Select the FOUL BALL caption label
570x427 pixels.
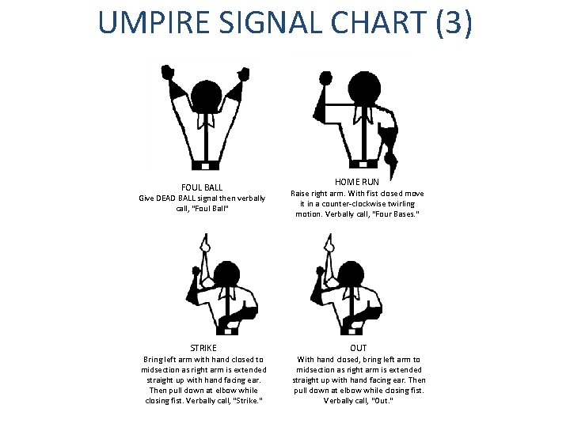203,187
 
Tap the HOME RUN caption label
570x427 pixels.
357,182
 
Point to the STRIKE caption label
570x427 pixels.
203,347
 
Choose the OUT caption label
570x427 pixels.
358,347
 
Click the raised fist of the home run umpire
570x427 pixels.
325,77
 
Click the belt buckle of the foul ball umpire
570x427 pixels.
206,167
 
